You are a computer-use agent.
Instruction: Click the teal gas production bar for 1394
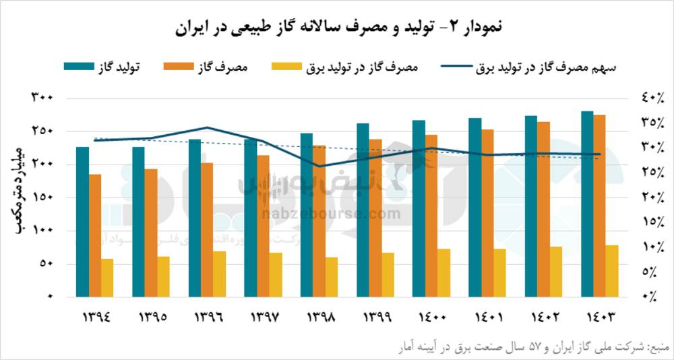tap(82, 222)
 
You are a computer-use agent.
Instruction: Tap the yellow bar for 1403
tap(611, 271)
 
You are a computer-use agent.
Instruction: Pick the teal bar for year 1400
tap(419, 208)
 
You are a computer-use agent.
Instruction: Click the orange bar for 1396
tap(207, 229)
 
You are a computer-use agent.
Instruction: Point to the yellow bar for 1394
tap(107, 278)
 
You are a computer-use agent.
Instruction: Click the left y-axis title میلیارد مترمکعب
tap(20, 190)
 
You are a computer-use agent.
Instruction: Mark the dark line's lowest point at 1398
tap(319, 166)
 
